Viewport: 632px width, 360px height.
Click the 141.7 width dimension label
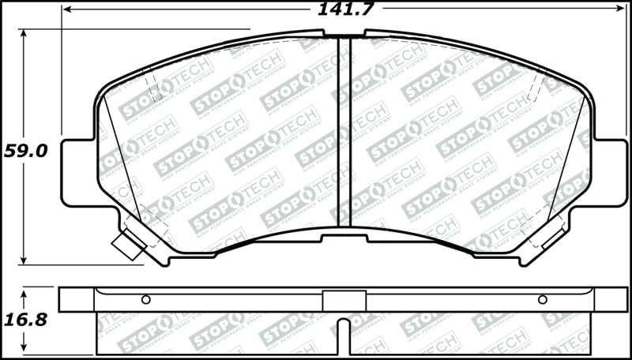click(345, 9)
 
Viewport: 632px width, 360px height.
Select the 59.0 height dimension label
click(25, 150)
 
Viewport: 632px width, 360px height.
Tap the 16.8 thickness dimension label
click(25, 320)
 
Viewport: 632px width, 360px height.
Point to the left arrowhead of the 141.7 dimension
click(66, 9)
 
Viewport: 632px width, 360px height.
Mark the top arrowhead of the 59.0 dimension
click(24, 34)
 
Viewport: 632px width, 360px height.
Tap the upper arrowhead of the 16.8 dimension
click(24, 291)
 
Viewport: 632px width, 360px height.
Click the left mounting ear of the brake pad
click(77, 161)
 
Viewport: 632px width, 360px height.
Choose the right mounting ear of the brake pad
click(610, 161)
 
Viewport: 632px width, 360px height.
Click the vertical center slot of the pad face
click(344, 134)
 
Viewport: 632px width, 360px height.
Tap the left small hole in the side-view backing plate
click(145, 299)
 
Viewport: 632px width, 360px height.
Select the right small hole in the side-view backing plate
click(542, 299)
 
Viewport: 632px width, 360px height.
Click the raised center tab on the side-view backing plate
click(344, 301)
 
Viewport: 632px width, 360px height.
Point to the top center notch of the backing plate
click(344, 35)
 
